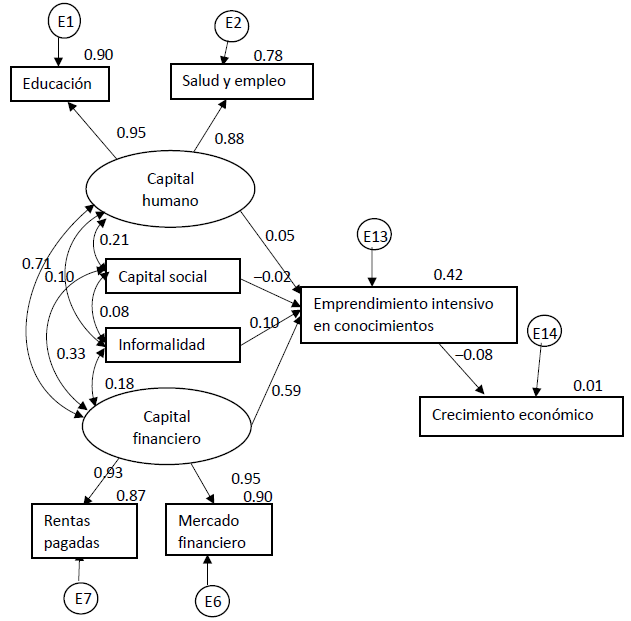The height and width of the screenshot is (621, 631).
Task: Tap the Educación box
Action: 59,84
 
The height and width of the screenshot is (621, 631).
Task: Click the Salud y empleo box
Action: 241,81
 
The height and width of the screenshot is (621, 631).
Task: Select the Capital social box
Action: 172,277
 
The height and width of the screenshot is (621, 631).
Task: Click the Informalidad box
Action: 172,345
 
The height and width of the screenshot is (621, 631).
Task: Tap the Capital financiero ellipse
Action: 166,427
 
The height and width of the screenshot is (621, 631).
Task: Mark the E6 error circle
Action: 212,600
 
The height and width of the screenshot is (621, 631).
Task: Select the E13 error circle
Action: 373,236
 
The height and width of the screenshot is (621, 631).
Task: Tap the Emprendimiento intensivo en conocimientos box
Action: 409,315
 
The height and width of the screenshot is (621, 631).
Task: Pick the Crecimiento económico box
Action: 521,414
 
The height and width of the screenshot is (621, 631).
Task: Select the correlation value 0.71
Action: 35,263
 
